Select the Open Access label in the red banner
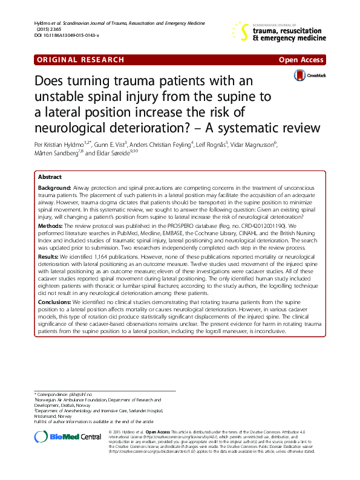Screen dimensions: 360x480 tap(301, 59)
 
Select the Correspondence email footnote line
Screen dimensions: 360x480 tap(66, 394)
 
